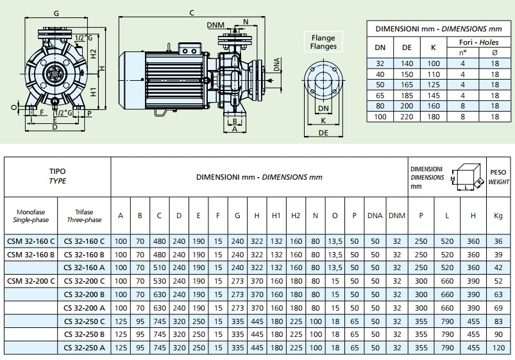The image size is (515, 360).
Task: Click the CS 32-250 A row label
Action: (84, 348)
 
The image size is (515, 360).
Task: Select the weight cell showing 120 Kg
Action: (497, 348)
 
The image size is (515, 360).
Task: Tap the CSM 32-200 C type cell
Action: (31, 280)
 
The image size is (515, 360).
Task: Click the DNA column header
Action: (375, 216)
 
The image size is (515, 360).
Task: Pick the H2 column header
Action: (296, 216)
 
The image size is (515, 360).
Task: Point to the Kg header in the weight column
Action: (497, 216)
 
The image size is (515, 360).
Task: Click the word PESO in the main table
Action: (498, 172)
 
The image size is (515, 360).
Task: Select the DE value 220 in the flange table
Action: (407, 117)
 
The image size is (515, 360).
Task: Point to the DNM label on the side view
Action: (216, 24)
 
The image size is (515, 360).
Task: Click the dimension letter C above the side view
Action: (192, 12)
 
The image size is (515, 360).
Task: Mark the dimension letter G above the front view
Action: (57, 12)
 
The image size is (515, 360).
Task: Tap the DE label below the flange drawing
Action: (325, 133)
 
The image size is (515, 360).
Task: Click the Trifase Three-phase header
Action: (84, 216)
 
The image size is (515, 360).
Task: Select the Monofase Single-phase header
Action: (31, 216)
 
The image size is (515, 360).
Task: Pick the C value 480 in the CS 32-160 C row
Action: (159, 241)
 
